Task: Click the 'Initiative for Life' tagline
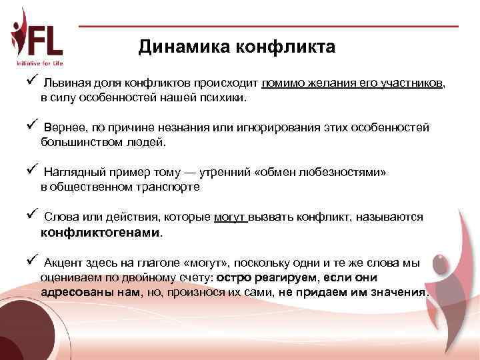[x=40, y=64]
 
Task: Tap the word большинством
[x=76, y=142]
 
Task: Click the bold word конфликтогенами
[x=101, y=233]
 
